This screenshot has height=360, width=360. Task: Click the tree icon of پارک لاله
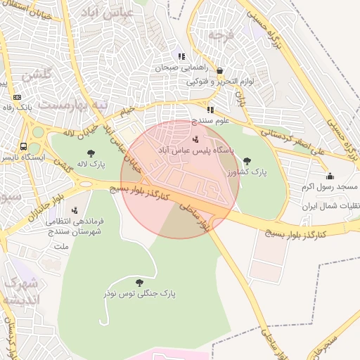click(x=91, y=153)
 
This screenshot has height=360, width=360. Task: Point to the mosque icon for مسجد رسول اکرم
click(x=330, y=176)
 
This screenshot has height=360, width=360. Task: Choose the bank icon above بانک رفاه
click(x=18, y=97)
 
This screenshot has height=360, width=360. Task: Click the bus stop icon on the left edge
click(x=24, y=147)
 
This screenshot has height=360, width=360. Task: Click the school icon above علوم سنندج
click(x=210, y=109)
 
